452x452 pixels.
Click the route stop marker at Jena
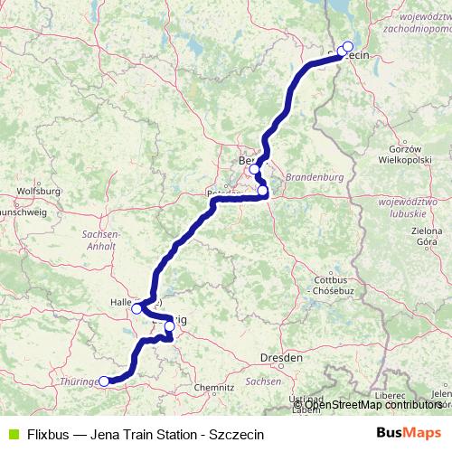pyautogui.click(x=104, y=381)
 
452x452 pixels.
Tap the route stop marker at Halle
pyautogui.click(x=137, y=308)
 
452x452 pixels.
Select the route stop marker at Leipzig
pyautogui.click(x=169, y=325)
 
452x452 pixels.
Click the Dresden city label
pyautogui.click(x=280, y=358)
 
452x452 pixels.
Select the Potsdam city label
pyautogui.click(x=222, y=193)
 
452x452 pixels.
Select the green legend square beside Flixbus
pyautogui.click(x=12, y=433)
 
